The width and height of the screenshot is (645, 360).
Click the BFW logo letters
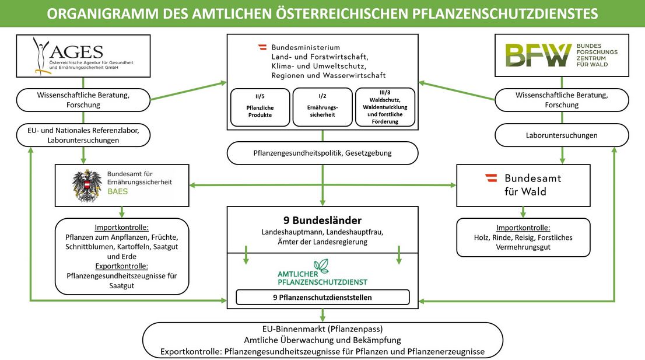click(538, 55)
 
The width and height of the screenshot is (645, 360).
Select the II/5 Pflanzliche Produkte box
click(260, 107)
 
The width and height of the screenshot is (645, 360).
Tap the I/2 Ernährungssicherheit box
click(322, 107)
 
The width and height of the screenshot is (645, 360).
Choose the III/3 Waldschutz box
click(385, 107)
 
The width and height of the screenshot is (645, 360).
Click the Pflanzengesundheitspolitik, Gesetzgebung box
click(322, 153)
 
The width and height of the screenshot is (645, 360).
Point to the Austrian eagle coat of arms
click(87, 186)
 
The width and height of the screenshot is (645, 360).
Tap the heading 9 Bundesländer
click(322, 221)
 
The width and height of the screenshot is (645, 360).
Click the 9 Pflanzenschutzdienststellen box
click(322, 298)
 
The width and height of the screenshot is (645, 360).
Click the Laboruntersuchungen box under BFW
click(562, 135)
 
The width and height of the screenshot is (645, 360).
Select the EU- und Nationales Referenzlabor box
click(84, 135)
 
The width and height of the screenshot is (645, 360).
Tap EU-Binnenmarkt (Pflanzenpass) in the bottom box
click(322, 328)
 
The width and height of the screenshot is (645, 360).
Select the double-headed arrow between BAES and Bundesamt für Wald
click(322, 186)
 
